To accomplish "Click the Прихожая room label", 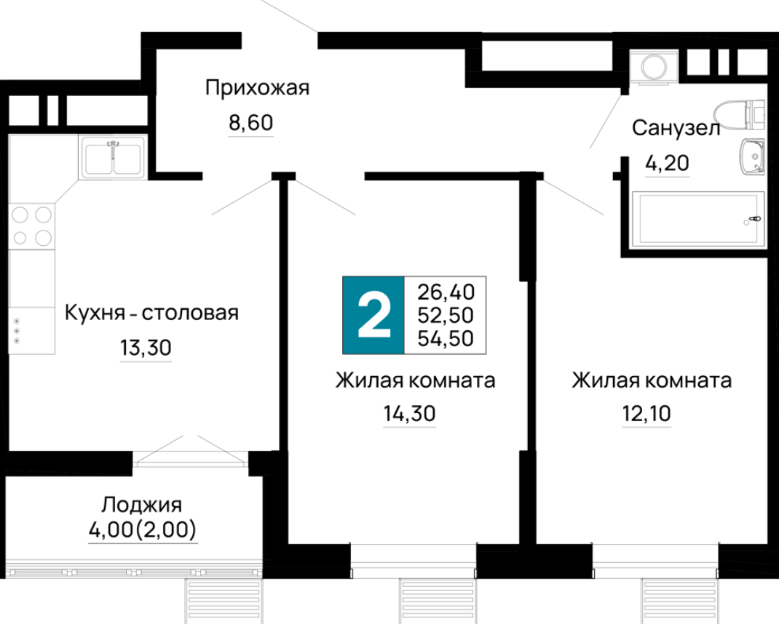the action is click(257, 88).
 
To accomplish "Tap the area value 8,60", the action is click(251, 123).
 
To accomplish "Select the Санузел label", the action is click(676, 128).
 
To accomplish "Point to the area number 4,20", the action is click(667, 163).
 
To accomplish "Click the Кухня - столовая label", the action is click(151, 313).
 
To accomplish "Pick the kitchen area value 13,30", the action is click(146, 348).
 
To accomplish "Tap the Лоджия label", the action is click(141, 504).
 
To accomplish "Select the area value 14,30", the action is click(409, 413).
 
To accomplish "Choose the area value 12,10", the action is click(646, 413).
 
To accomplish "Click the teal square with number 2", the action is click(373, 315).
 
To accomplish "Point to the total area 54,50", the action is click(446, 339).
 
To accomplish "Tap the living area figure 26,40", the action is click(446, 292).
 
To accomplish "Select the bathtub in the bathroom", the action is click(698, 220).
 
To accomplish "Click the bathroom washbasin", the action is click(752, 156).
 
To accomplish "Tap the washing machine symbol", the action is click(654, 66).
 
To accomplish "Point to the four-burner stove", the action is click(32, 226).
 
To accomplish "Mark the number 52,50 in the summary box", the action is click(446, 315).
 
